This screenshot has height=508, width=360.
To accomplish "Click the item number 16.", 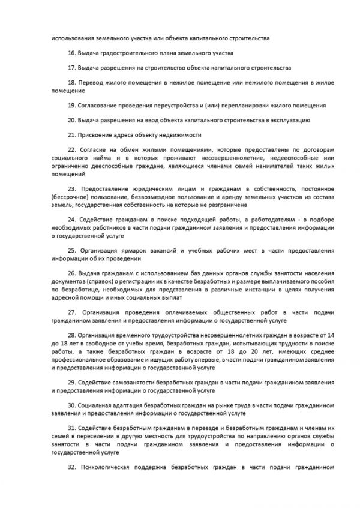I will point(71,53).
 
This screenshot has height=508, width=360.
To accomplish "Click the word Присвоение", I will point(98,134).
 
